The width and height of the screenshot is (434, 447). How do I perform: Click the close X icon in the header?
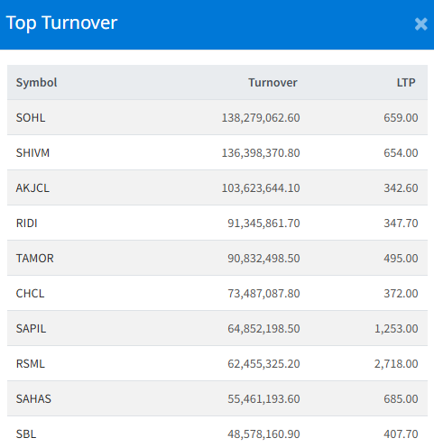[420, 24]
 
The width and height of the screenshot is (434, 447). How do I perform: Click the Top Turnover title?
[61, 23]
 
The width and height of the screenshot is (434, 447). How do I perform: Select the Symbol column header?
[36, 83]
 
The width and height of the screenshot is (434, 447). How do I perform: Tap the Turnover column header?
[272, 83]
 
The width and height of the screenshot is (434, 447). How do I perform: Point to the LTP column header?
[406, 83]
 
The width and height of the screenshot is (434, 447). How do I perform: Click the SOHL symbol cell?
[31, 118]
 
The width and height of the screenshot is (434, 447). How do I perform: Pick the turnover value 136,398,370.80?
[261, 153]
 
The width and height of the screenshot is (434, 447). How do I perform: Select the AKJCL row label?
[32, 188]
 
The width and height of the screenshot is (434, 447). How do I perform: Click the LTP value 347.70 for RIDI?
[401, 223]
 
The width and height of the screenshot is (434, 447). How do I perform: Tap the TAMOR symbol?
[35, 259]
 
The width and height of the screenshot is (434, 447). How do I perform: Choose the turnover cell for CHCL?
[263, 294]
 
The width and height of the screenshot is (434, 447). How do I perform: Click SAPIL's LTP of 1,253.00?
[396, 329]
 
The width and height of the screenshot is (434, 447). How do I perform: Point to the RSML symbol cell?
[31, 364]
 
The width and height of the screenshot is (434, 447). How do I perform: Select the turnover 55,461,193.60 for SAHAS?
[263, 399]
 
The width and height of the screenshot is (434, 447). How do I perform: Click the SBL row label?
[26, 434]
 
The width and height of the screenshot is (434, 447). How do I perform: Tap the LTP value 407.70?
[401, 434]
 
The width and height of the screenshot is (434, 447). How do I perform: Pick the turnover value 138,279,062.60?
[261, 118]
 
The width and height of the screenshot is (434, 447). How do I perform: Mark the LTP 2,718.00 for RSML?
[396, 364]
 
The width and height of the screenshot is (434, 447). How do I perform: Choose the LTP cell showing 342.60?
[401, 188]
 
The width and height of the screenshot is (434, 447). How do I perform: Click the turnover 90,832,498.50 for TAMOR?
[263, 259]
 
